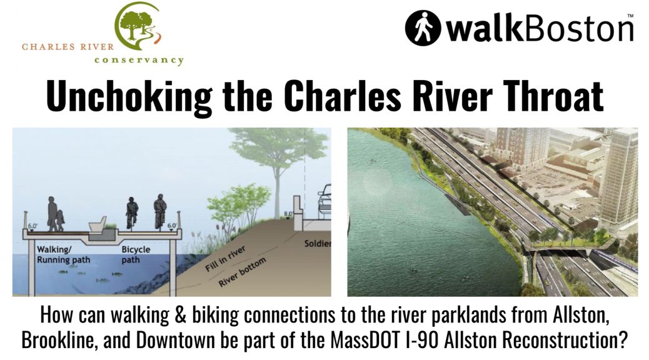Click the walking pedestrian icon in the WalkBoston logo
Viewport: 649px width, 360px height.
pos(422,27)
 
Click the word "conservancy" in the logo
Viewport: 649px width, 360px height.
pos(139,60)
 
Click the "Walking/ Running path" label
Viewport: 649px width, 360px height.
pos(63,254)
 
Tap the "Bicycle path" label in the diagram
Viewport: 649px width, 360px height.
pos(136,254)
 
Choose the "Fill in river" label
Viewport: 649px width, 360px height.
pos(226,259)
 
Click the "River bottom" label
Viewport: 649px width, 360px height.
pos(242,272)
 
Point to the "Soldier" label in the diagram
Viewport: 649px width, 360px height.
pos(318,243)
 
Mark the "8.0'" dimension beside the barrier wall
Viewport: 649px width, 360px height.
pos(288,214)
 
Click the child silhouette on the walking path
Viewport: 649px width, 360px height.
pos(61,221)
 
